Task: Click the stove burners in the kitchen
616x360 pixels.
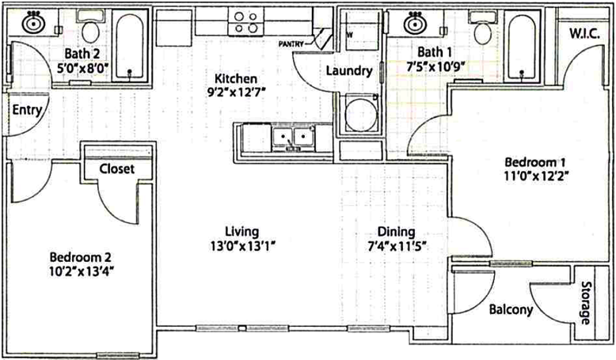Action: [245, 22]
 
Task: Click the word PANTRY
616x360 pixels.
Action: [291, 44]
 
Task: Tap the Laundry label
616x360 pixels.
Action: [349, 70]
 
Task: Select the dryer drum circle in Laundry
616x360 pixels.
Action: [360, 114]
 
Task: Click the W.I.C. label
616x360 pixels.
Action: [585, 34]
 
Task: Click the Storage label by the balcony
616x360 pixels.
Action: [586, 303]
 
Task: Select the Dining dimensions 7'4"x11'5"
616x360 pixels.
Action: [397, 247]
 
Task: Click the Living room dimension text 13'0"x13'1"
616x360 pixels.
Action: [242, 246]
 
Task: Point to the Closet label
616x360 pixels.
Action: [116, 169]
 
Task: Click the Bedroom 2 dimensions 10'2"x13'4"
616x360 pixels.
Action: [81, 271]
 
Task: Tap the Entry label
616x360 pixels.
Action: [26, 111]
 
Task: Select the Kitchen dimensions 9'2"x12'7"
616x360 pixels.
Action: [238, 93]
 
